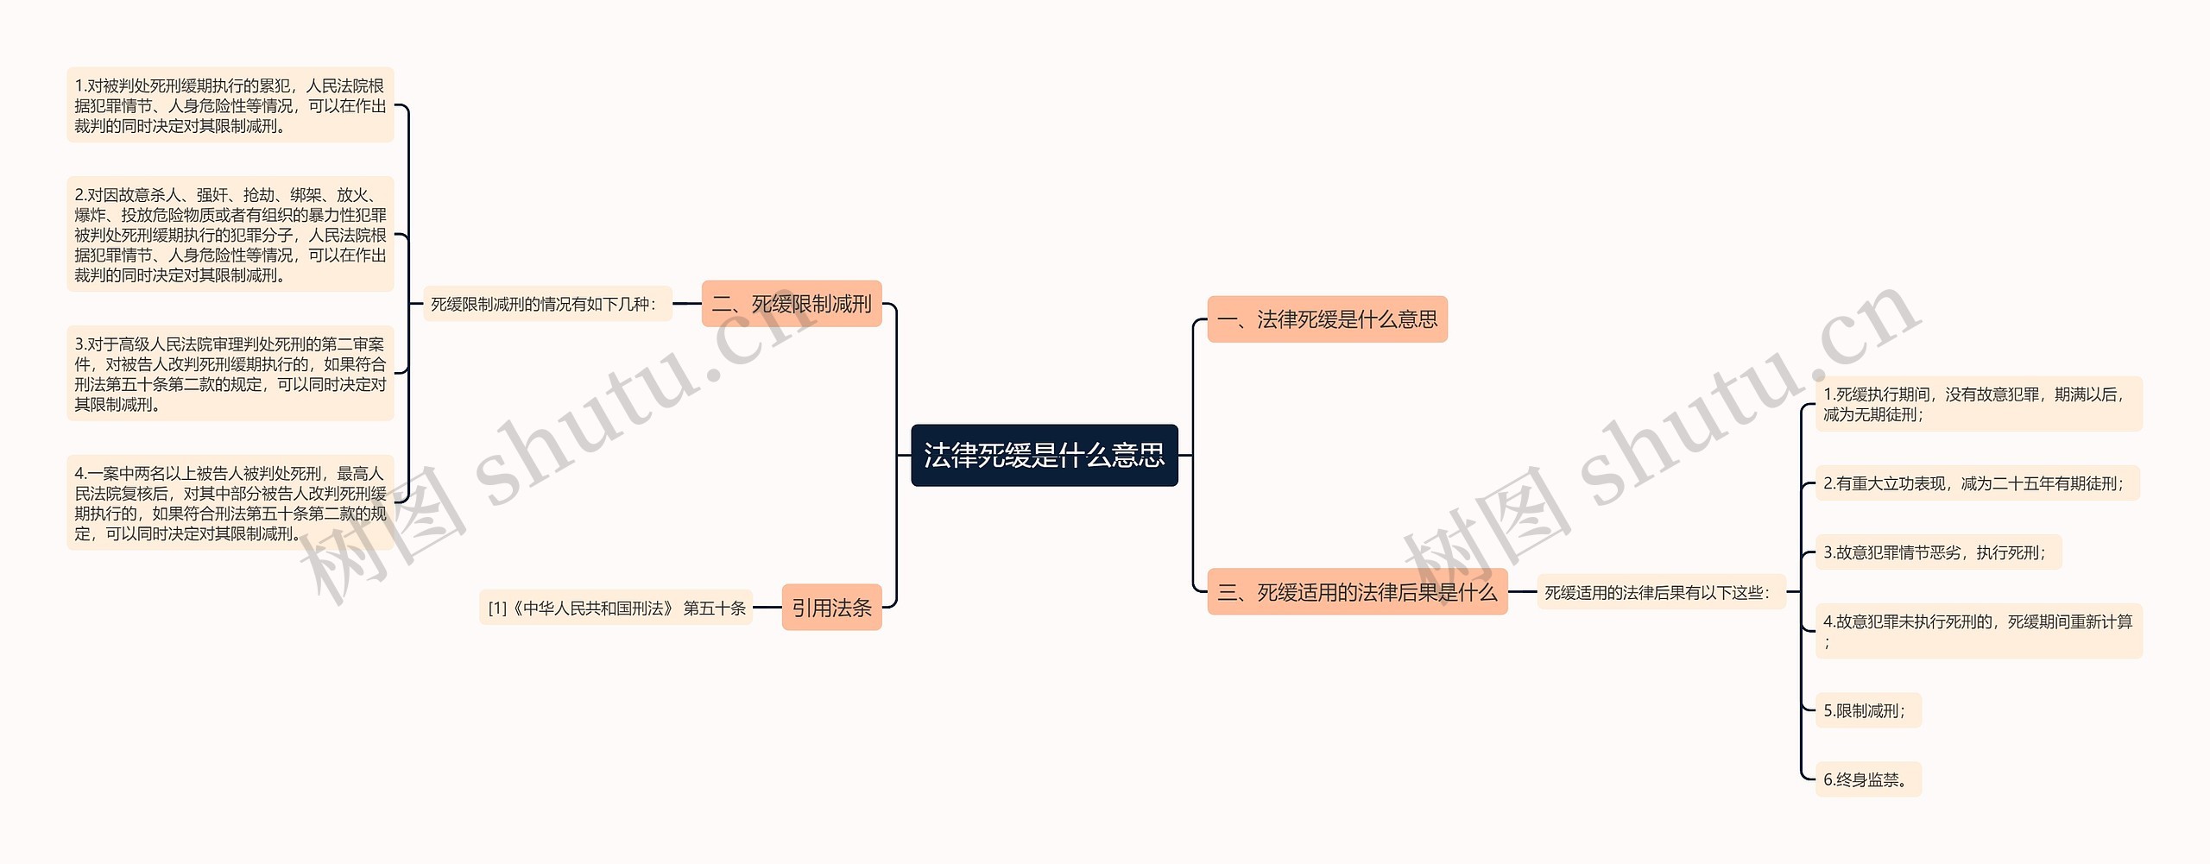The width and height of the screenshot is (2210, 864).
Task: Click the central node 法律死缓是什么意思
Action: click(1045, 455)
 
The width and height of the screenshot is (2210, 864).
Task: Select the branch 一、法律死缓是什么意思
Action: click(1327, 319)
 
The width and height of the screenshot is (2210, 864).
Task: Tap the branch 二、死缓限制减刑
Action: click(792, 304)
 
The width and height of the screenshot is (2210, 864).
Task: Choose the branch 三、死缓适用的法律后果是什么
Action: click(1356, 592)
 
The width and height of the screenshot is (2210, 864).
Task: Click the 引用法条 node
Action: click(831, 608)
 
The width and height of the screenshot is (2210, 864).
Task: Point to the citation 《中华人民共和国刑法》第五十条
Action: click(616, 608)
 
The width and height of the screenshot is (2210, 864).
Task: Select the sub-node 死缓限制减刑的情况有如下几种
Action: click(547, 304)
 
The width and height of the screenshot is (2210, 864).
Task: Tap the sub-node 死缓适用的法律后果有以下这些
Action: click(1661, 593)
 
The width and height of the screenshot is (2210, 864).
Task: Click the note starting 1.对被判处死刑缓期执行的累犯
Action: click(230, 105)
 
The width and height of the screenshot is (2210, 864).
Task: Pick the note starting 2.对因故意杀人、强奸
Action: click(230, 235)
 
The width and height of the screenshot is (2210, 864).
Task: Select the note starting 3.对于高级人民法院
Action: click(230, 374)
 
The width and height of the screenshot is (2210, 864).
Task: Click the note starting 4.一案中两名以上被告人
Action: click(230, 503)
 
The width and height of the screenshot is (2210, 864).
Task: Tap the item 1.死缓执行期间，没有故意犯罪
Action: click(1978, 404)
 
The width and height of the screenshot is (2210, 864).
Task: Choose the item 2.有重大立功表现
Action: click(1977, 483)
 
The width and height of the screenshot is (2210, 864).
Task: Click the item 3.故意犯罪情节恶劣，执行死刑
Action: click(1938, 552)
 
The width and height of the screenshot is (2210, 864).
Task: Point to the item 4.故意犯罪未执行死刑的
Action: click(1978, 631)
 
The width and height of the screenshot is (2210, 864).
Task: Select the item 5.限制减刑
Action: click(1868, 710)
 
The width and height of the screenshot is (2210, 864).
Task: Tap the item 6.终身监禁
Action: click(1868, 779)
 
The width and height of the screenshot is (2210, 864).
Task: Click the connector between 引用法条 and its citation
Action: click(767, 608)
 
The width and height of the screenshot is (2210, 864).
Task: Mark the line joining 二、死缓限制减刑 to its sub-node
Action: click(687, 304)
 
